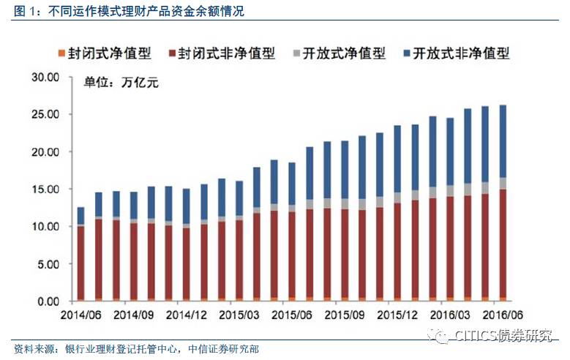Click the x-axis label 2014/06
[80, 315]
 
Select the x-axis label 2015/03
[241, 315]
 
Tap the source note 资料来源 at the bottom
[136, 348]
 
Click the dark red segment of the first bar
[81, 262]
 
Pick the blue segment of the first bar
[81, 215]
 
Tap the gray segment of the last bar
[503, 184]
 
